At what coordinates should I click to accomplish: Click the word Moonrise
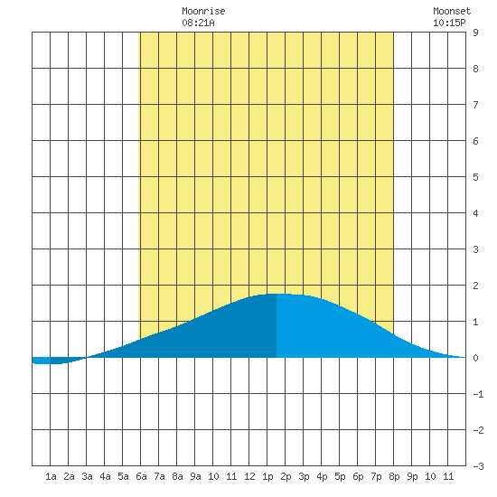(x=203, y=11)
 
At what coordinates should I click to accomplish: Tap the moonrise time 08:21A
(x=198, y=23)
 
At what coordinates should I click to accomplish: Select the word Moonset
(x=452, y=11)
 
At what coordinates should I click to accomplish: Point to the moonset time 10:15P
(x=449, y=23)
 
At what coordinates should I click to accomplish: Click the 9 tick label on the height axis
(x=475, y=33)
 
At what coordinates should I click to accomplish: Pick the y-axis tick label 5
(x=475, y=177)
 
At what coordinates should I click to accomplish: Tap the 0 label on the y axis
(x=475, y=358)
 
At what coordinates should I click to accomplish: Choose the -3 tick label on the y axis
(x=478, y=466)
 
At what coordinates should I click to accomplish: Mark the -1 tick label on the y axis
(x=478, y=394)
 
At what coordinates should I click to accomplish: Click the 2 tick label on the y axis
(x=475, y=286)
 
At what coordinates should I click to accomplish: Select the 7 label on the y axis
(x=475, y=105)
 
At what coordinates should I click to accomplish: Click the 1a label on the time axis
(x=51, y=476)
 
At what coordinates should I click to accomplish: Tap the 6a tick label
(x=141, y=476)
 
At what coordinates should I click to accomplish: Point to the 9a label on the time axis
(x=195, y=476)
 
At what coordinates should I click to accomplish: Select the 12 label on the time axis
(x=249, y=476)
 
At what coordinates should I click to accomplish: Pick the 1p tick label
(x=267, y=476)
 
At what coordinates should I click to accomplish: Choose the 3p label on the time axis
(x=304, y=476)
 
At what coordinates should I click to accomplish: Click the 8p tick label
(x=394, y=476)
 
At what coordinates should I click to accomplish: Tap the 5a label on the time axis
(x=123, y=476)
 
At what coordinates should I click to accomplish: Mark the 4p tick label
(x=322, y=476)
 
